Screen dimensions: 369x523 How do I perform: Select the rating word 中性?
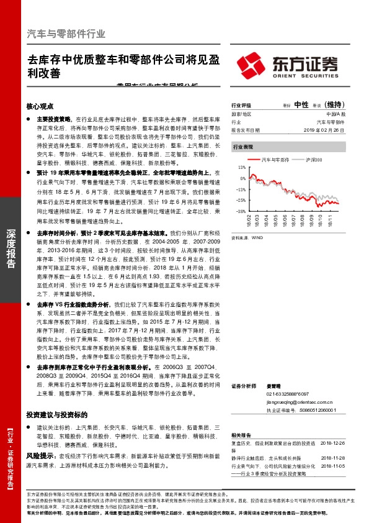[x=301, y=105]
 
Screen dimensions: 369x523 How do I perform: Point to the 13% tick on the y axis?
[x=241, y=168]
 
